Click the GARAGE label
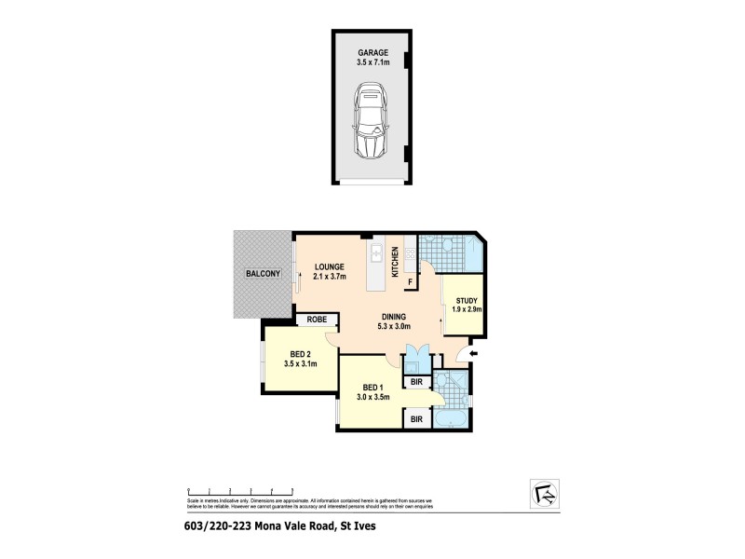(x=372, y=54)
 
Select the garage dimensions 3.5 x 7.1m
(x=372, y=64)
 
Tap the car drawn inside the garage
(x=372, y=122)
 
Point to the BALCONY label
(x=262, y=274)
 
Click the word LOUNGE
(x=330, y=265)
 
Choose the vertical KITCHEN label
(x=396, y=262)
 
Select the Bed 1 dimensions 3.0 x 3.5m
(x=372, y=398)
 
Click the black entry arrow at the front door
(x=473, y=354)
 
